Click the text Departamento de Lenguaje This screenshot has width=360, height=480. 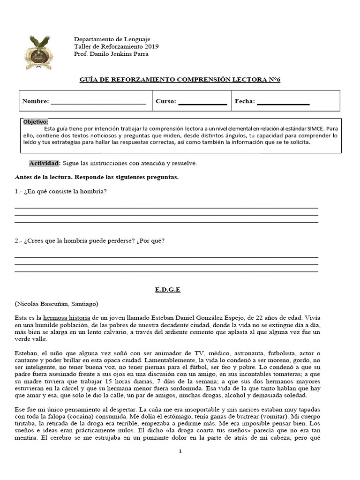(x=111, y=39)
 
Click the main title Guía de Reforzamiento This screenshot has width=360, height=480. (x=180, y=79)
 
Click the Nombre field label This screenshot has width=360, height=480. (x=35, y=101)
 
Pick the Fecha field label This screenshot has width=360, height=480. (x=245, y=101)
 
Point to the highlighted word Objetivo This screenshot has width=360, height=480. (x=35, y=121)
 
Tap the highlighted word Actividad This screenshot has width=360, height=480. (x=45, y=163)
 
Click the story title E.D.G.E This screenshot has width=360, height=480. (x=167, y=290)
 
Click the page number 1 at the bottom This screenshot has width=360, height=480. (x=180, y=451)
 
